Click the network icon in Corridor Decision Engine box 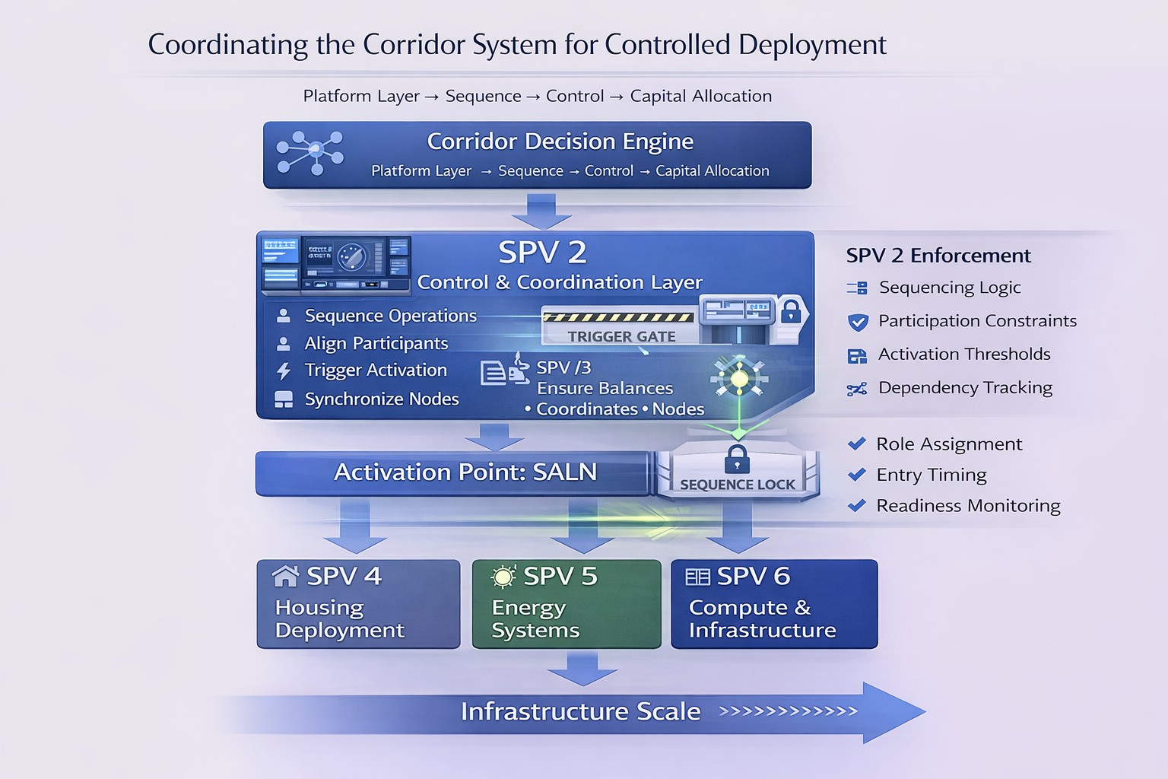pos(309,153)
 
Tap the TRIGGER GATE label pos(621,336)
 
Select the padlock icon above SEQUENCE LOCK pos(737,459)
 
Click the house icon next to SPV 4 pos(285,577)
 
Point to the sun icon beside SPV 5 pos(503,577)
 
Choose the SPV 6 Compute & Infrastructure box pos(774,604)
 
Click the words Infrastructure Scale pos(580,711)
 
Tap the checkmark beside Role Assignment pos(857,444)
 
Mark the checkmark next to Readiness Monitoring pos(857,505)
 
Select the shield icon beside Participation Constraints pos(858,322)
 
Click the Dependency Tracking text pos(965,388)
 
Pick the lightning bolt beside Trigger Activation pos(284,371)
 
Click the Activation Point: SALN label pos(465,472)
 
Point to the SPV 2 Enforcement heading pos(938,256)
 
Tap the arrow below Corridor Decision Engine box pos(541,211)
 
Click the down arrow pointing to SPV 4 pos(355,526)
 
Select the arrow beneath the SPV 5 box pos(582,669)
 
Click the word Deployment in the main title pos(812,45)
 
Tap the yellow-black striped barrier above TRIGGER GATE pos(618,316)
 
